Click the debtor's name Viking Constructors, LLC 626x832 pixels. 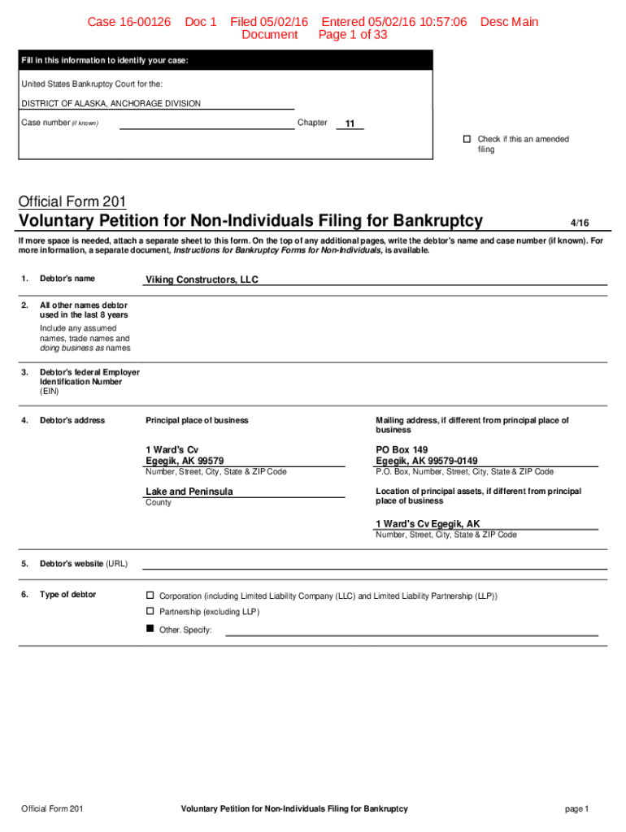pyautogui.click(x=202, y=279)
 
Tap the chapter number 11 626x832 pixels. pyautogui.click(x=350, y=123)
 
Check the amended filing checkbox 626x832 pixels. pyautogui.click(x=467, y=139)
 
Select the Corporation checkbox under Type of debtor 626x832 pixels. pyautogui.click(x=150, y=596)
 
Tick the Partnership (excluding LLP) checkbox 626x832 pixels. pyautogui.click(x=150, y=611)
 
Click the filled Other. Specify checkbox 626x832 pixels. pyautogui.click(x=150, y=629)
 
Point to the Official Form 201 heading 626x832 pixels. pyautogui.click(x=73, y=201)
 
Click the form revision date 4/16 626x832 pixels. pyautogui.click(x=579, y=223)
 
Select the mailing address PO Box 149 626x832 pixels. pyautogui.click(x=401, y=449)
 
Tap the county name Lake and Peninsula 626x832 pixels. pyautogui.click(x=189, y=492)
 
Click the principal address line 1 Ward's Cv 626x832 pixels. pyautogui.click(x=172, y=449)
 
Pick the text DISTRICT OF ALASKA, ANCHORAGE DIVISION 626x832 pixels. pyautogui.click(x=111, y=103)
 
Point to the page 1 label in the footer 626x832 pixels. pyautogui.click(x=576, y=808)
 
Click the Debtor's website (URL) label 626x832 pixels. pyautogui.click(x=84, y=564)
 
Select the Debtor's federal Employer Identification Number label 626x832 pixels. pyautogui.click(x=89, y=381)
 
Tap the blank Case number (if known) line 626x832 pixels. pyautogui.click(x=206, y=123)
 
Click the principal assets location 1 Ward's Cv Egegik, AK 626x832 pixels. pyautogui.click(x=428, y=524)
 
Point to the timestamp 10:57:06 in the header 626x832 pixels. pyautogui.click(x=441, y=22)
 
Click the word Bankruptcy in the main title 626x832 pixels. pyautogui.click(x=438, y=221)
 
